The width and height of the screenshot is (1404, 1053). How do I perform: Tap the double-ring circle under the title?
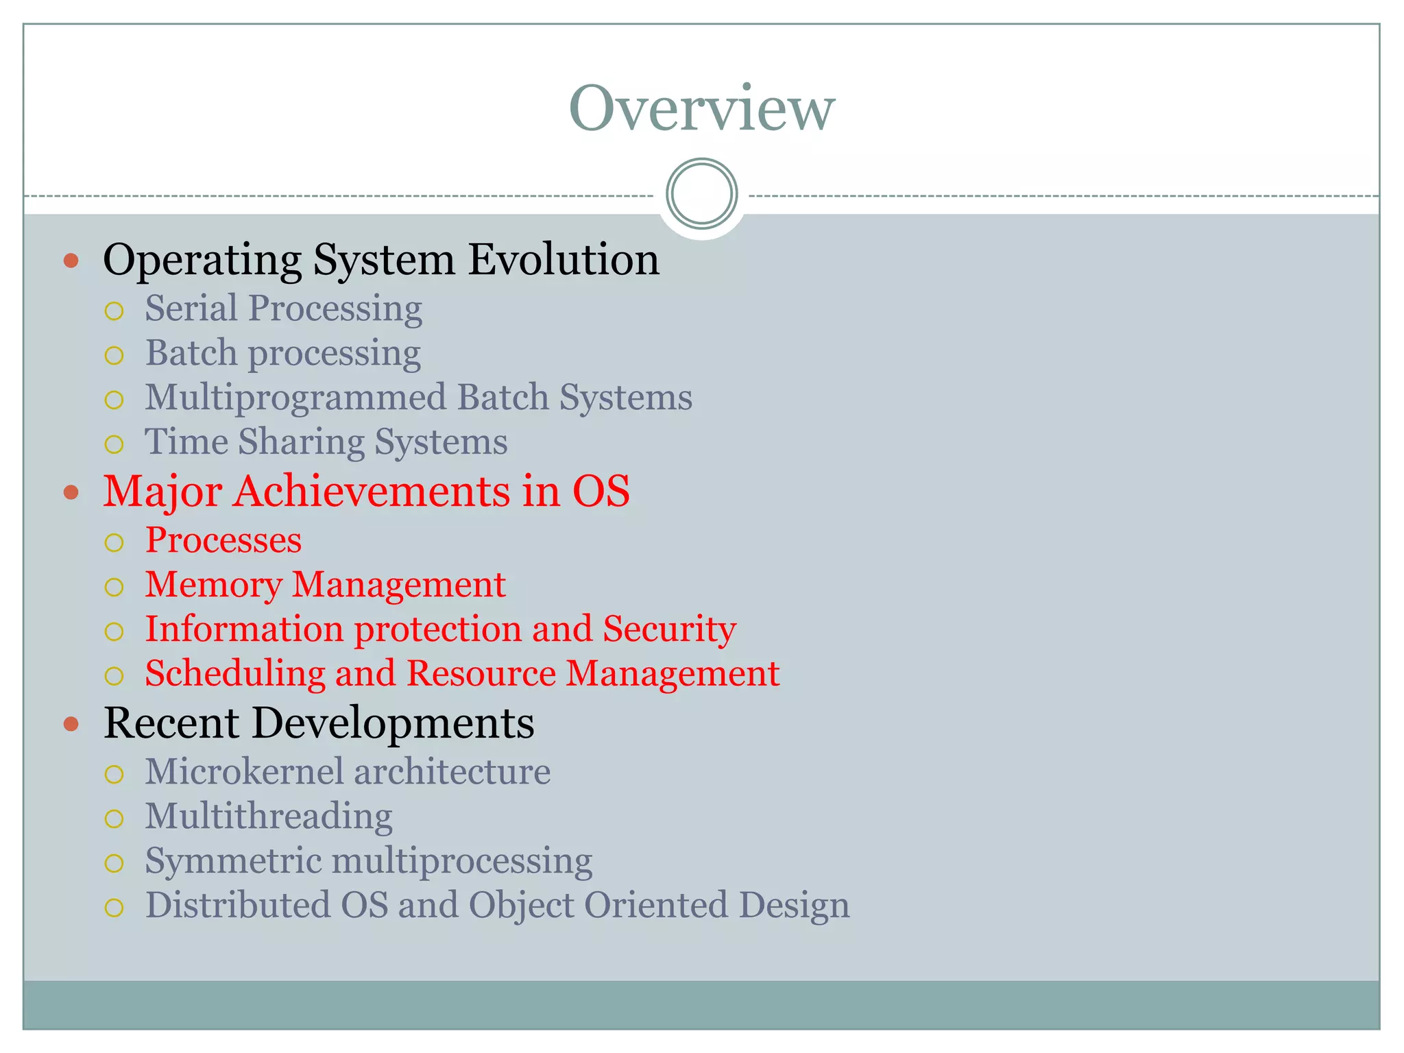coord(701,193)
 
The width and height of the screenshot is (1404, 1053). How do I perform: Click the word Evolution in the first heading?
coord(564,260)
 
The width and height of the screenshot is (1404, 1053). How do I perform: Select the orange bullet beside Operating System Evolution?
coord(71,261)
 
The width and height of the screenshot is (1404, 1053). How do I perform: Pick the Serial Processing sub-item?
coord(283,308)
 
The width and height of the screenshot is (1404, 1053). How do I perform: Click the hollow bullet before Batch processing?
coord(114,355)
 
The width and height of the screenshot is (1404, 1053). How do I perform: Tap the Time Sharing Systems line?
coord(326,442)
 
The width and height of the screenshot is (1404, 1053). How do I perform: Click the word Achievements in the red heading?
coord(372,492)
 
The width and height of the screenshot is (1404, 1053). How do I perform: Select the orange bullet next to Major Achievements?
coord(71,492)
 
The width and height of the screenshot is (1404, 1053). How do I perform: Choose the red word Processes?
coord(223,540)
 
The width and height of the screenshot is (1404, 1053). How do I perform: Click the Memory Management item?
coord(325,585)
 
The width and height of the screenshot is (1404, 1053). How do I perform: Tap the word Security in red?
coord(669,629)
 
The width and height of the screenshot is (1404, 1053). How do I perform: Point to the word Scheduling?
coord(234,674)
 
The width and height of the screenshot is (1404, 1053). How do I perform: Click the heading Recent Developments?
coord(319,723)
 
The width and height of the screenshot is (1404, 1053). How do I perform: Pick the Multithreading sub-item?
coord(269,816)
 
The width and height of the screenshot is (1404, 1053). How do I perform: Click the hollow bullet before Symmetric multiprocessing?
coord(114,863)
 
